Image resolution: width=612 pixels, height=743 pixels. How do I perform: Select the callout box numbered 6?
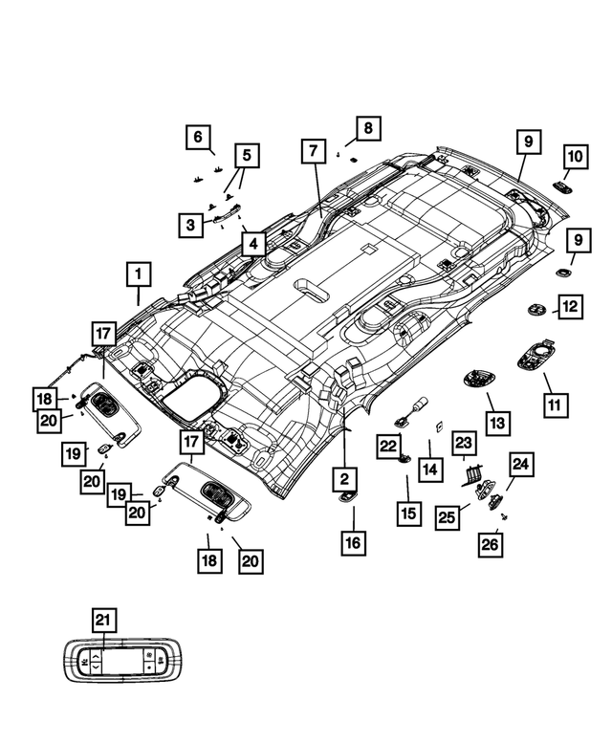click(198, 138)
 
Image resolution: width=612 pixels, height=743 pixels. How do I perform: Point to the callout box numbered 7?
click(312, 151)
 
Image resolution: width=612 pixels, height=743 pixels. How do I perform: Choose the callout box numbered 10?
click(576, 155)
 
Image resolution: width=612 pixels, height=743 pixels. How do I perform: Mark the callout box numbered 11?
click(553, 405)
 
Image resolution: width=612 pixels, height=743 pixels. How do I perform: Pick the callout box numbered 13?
click(498, 422)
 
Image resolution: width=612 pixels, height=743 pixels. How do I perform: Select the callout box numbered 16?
click(353, 543)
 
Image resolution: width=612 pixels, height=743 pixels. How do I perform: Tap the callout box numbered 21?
click(103, 621)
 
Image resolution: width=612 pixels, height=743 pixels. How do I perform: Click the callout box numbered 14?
click(429, 470)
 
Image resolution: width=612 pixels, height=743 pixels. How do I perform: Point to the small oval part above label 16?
click(346, 496)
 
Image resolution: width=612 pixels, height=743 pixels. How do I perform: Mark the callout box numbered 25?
click(447, 517)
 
